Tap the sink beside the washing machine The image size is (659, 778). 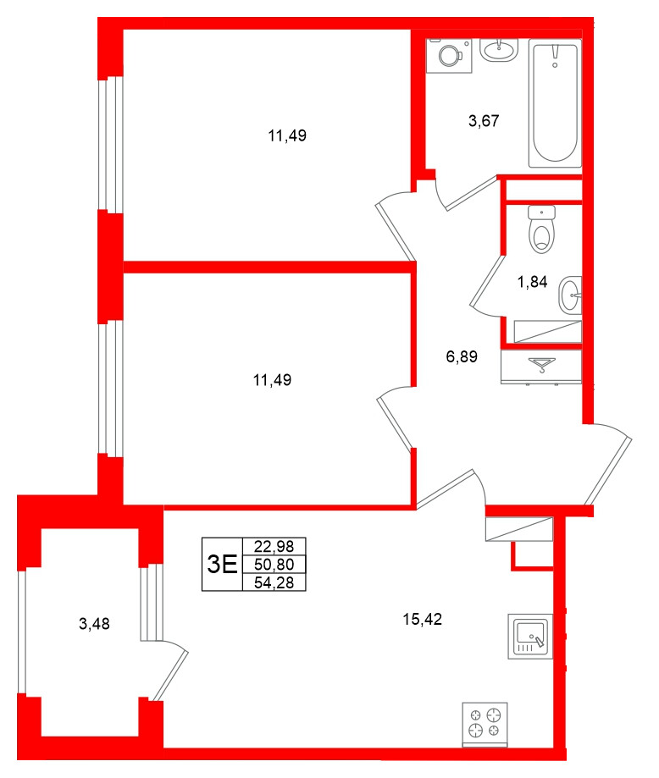click(x=499, y=50)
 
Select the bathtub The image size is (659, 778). click(x=555, y=102)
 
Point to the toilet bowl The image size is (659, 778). click(x=540, y=230)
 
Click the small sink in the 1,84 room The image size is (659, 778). click(x=573, y=295)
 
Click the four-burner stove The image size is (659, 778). click(x=485, y=724)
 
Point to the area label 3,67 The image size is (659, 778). click(x=484, y=120)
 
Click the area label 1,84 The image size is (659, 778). click(x=532, y=283)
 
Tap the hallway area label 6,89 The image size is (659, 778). click(x=462, y=357)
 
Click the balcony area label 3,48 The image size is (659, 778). click(x=94, y=625)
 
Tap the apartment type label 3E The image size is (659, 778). click(x=222, y=564)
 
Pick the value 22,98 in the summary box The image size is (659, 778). click(x=274, y=547)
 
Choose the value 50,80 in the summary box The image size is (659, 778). click(x=274, y=564)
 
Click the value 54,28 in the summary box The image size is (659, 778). click(x=274, y=581)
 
